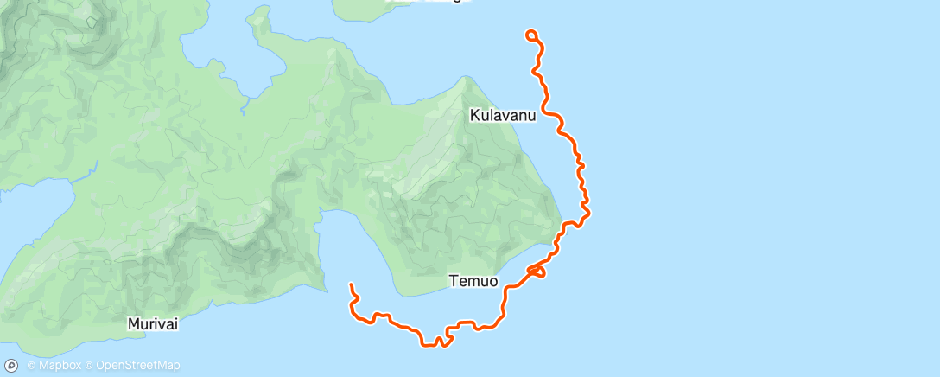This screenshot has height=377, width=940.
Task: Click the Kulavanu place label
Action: (x=503, y=114)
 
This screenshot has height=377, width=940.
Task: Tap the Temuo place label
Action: (x=473, y=281)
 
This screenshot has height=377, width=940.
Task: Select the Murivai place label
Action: (x=153, y=324)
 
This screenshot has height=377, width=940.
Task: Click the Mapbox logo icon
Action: (x=11, y=366)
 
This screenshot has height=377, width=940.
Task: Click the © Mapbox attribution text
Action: (x=54, y=366)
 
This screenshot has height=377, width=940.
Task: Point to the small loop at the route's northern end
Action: (x=531, y=35)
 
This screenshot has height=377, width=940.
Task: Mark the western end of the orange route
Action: (x=351, y=284)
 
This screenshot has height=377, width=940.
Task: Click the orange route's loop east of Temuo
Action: (x=537, y=272)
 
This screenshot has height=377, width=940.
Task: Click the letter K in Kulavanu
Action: (x=475, y=114)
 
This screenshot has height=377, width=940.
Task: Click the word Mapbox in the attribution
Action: (x=58, y=366)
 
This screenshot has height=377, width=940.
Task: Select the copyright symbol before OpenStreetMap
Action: (x=90, y=366)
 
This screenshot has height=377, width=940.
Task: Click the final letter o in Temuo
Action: (x=492, y=281)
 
